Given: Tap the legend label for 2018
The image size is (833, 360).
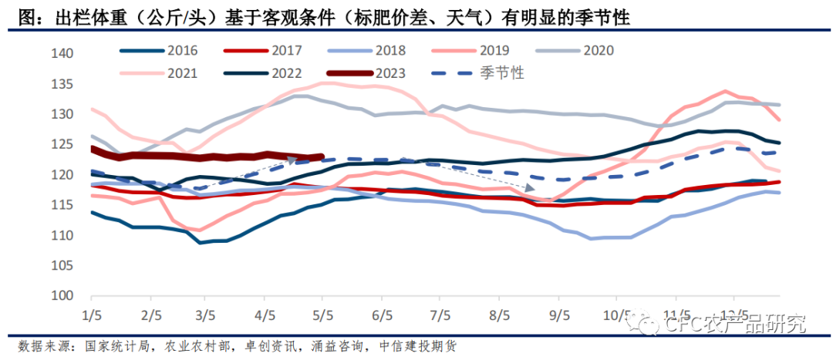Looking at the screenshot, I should click(390, 51).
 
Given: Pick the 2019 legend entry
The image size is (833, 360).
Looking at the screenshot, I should click(494, 51).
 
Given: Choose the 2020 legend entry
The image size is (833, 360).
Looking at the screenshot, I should click(598, 51).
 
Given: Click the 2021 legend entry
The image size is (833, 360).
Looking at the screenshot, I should click(182, 74).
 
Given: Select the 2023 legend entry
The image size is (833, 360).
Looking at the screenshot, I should click(390, 74).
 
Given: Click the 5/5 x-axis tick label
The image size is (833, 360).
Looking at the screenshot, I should click(322, 316).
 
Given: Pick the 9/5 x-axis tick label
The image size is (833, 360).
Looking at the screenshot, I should click(558, 316).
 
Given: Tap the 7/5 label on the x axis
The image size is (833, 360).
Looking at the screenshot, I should click(439, 316).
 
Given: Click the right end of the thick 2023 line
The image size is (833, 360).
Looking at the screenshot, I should click(322, 157).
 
